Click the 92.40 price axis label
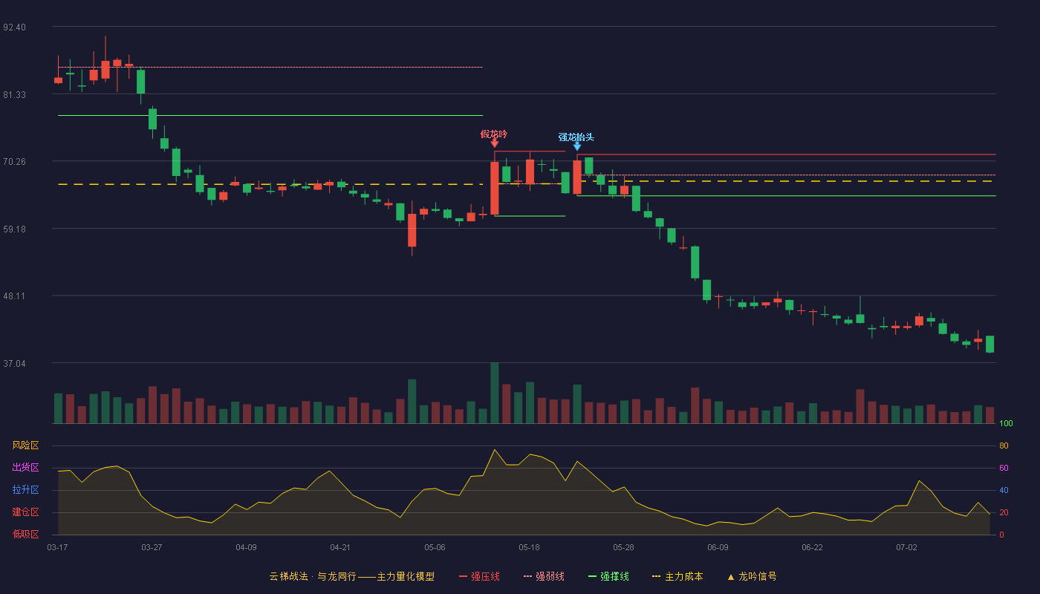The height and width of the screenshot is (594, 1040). pos(14,27)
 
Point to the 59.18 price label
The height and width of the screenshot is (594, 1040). pos(14,229)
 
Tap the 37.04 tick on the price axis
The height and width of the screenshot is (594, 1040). pos(14,364)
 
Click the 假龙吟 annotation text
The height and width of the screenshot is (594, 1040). pos(494,134)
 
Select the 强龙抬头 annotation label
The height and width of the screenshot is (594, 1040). pos(576,137)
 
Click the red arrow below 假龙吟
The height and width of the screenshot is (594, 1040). pos(495,143)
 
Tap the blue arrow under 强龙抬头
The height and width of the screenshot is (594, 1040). pos(576,146)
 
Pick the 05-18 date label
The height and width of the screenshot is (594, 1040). pos(529,548)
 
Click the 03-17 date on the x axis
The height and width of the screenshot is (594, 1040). pos(58,548)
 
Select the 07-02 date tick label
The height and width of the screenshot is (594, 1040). pos(907,548)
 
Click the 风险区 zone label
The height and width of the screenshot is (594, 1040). pos(25,446)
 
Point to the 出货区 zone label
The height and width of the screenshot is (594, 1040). pos(25,467)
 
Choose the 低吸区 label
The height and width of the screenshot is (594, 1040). pos(25,534)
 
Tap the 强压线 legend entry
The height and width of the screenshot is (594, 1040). pos(479,576)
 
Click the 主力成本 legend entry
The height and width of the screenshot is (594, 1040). pos(677,576)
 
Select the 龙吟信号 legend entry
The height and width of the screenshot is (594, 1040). pos(752,576)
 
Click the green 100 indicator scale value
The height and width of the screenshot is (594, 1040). pos(1006,423)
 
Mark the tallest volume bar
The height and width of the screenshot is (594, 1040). pos(495,393)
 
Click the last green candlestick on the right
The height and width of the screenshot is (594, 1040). pos(989,345)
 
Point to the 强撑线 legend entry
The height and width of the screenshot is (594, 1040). pos(608,576)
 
